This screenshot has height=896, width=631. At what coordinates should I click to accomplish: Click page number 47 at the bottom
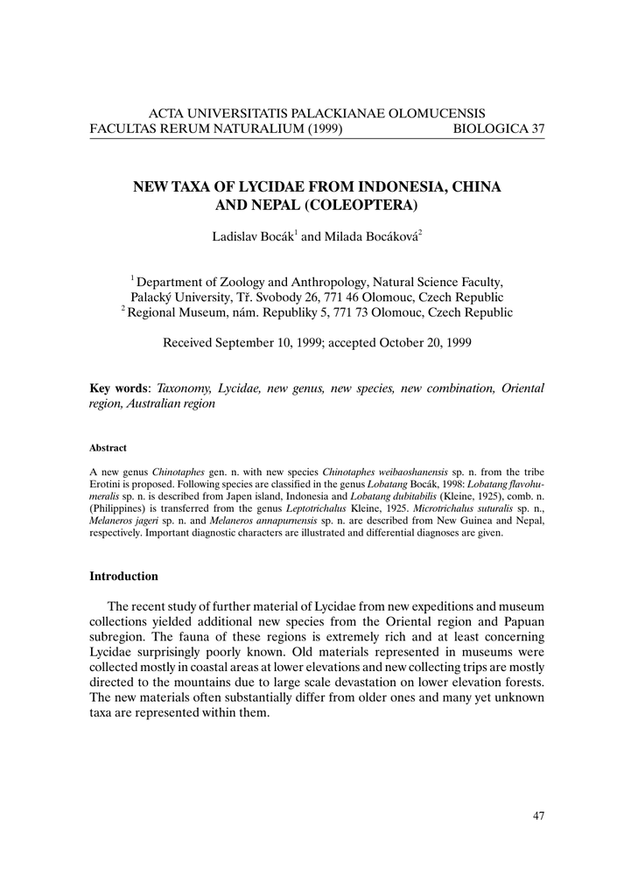pos(537,816)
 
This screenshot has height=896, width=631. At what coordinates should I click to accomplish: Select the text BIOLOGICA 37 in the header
pos(499,129)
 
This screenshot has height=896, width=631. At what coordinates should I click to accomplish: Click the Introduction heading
pos(123,577)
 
